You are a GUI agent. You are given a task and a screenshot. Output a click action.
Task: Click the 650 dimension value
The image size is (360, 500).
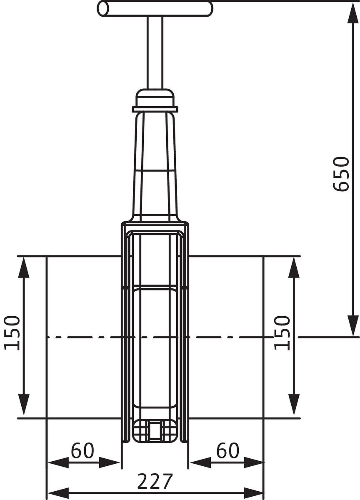pos(340,174)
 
